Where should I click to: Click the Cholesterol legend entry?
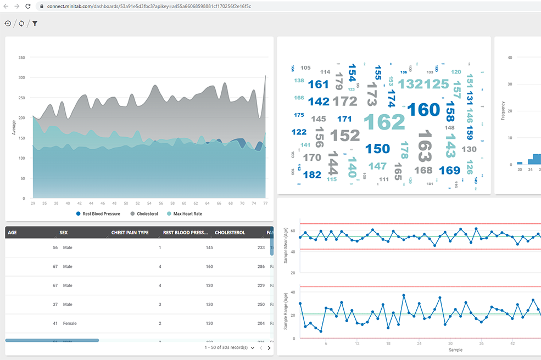(147, 213)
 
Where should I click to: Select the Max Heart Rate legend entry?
(188, 213)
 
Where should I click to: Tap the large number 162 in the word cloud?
(384, 122)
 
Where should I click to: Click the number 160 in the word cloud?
(423, 110)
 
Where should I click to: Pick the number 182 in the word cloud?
(311, 175)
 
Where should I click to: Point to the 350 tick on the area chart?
(22, 58)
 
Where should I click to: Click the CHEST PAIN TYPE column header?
(130, 233)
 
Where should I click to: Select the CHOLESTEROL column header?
(230, 233)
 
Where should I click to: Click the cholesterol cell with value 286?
(260, 267)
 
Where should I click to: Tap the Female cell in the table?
(70, 324)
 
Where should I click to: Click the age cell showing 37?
(55, 305)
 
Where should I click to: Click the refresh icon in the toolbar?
(21, 24)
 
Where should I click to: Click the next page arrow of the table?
(269, 348)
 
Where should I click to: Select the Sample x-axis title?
(455, 350)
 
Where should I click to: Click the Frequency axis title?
(503, 110)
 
